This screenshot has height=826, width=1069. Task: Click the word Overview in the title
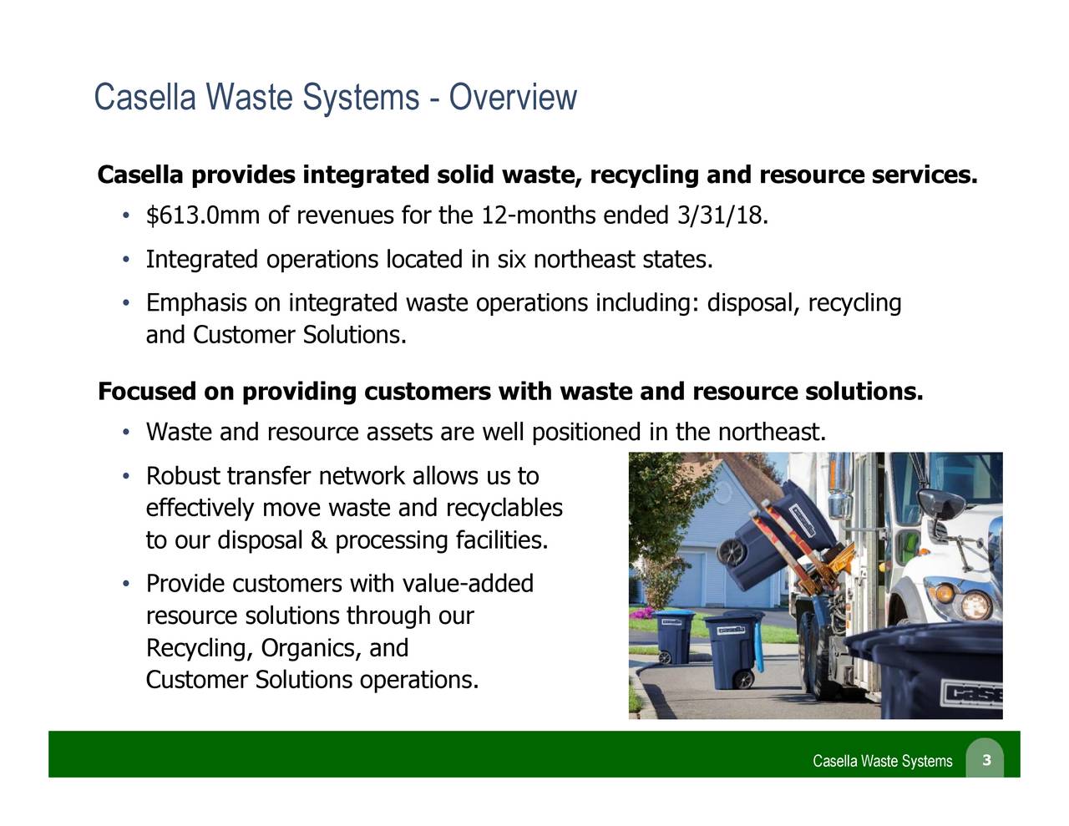(513, 99)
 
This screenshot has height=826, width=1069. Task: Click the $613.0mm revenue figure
(203, 216)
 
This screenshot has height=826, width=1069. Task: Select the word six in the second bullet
(510, 260)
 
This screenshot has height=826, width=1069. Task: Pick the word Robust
(183, 477)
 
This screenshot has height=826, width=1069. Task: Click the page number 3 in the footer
(986, 759)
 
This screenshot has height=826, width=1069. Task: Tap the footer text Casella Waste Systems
(882, 761)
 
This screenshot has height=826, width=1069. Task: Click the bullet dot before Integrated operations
(124, 261)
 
